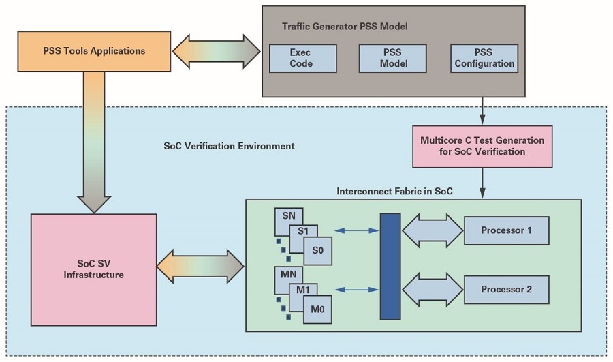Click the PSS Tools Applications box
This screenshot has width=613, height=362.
(94, 51)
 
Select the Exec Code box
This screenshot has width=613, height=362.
(302, 59)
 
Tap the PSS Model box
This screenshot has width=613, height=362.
(392, 59)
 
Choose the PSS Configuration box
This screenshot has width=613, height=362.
(484, 59)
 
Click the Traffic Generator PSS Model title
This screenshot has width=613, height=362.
(345, 27)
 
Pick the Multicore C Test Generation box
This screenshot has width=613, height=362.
(482, 147)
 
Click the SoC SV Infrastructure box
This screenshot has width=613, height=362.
(94, 270)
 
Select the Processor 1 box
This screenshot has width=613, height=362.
(506, 230)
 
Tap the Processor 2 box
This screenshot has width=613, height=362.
(506, 290)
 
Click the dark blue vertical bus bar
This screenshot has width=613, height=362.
(390, 267)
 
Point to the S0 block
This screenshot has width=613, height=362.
(318, 250)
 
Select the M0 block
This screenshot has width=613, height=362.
(318, 310)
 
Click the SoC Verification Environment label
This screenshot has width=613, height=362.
(229, 147)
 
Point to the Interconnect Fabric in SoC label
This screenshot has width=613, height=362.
(394, 192)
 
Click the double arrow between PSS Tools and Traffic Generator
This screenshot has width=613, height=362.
(216, 51)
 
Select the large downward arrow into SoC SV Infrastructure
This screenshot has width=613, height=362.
(94, 142)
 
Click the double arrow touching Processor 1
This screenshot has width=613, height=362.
(433, 230)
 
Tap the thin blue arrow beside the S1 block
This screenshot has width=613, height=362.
(357, 231)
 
